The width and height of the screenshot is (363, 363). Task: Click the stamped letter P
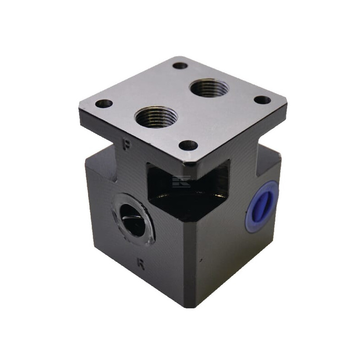point(127,144)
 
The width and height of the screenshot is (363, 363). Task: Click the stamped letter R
point(141,264)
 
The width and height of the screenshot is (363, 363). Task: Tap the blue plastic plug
point(262,207)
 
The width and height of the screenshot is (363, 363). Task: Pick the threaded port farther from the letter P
point(209,88)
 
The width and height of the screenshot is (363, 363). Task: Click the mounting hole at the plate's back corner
point(180,66)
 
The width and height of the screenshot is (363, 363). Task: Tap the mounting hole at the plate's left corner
point(104,104)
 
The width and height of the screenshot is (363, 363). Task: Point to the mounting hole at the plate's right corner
point(262,100)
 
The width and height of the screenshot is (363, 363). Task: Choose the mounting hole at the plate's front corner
point(188,146)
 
